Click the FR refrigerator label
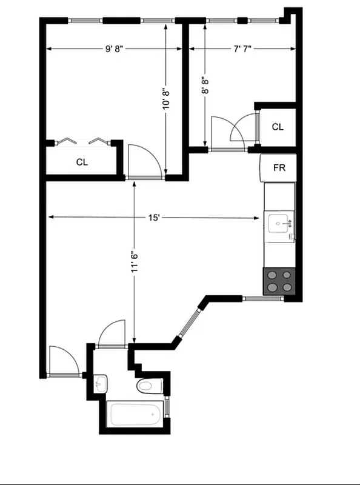(x=279, y=167)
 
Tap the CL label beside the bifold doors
(x=82, y=162)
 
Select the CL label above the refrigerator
(x=278, y=127)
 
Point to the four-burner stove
(x=279, y=281)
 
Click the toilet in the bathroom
(x=147, y=386)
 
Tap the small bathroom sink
(x=101, y=383)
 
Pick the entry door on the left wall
(x=63, y=361)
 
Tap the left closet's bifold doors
(x=82, y=142)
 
